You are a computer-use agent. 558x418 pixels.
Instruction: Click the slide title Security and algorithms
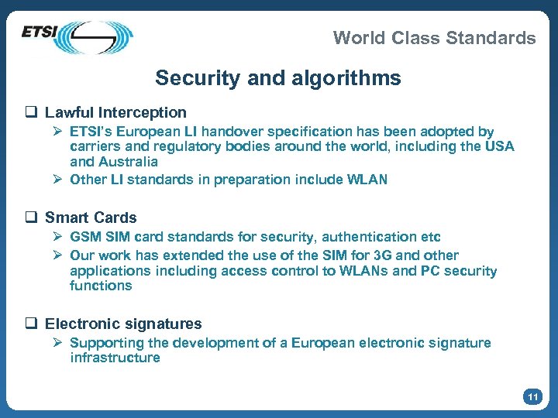tap(278, 78)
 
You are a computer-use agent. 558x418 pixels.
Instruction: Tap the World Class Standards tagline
tap(434, 37)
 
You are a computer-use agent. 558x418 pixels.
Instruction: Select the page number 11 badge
tap(532, 397)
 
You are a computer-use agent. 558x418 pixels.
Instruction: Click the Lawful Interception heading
tap(115, 113)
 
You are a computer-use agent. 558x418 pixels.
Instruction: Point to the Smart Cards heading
tap(91, 218)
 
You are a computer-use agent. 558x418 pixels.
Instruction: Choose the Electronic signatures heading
tap(123, 324)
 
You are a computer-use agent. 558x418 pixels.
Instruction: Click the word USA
tap(498, 147)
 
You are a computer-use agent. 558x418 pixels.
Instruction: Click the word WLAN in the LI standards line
tap(367, 180)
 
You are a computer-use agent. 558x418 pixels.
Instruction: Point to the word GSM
tap(84, 237)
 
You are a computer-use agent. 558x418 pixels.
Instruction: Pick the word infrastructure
tap(115, 358)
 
